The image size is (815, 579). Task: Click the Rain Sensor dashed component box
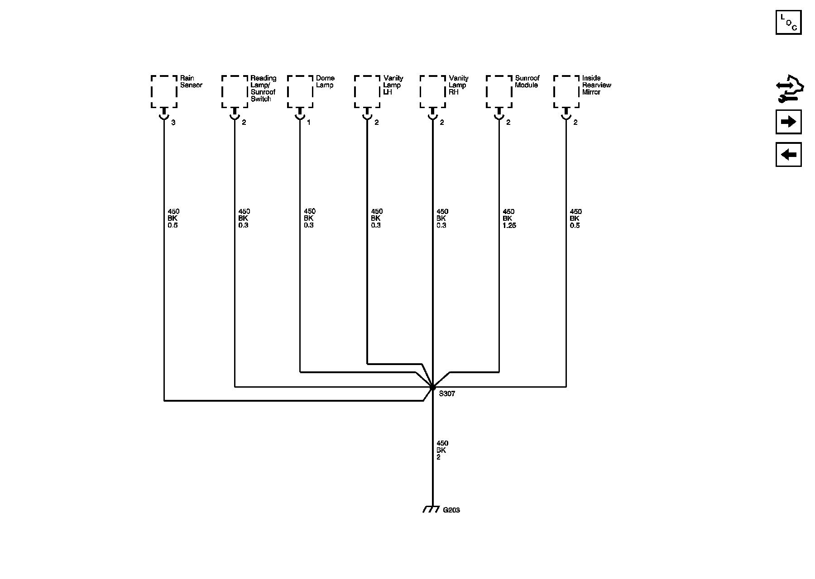point(164,92)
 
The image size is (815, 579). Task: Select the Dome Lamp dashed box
point(300,92)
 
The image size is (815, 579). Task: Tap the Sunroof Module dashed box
point(499,92)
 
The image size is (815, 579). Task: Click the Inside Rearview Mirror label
point(596,85)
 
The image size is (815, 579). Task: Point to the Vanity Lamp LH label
point(393,85)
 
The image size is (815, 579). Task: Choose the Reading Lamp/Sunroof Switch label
point(263,89)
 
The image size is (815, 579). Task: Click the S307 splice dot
point(433,387)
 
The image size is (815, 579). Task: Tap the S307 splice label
point(447,394)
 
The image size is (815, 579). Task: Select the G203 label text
point(451,510)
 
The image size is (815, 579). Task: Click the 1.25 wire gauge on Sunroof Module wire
point(509,225)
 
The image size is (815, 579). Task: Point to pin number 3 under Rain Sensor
point(173,123)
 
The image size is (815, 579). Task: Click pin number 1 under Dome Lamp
point(309,123)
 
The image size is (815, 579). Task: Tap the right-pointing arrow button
point(788,122)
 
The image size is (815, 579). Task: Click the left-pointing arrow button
point(788,155)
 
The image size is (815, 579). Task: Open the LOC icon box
point(788,22)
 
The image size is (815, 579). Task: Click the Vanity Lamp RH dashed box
point(433,92)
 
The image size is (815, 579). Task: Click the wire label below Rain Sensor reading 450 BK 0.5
point(173,218)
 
